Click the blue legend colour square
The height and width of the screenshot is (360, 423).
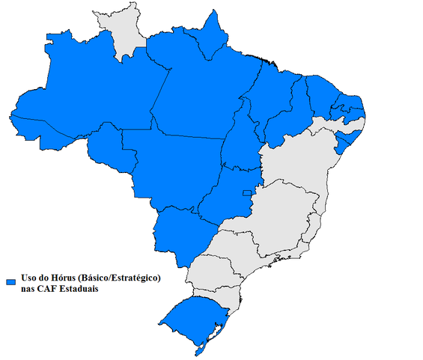11,281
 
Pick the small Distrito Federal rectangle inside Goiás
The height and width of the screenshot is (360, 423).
246,195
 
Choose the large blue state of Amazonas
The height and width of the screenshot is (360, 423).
90,90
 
